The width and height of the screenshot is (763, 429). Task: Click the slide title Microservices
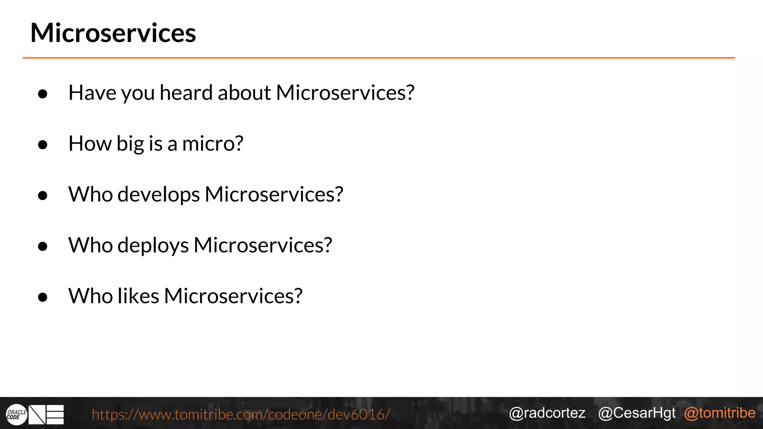click(x=113, y=33)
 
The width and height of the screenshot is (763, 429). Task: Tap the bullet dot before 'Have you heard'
click(x=43, y=94)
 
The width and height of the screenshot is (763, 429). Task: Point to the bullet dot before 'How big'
click(x=43, y=144)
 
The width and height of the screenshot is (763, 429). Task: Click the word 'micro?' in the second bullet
click(x=213, y=144)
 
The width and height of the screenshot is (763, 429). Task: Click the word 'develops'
click(x=159, y=195)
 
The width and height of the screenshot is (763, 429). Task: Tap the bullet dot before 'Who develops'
click(x=43, y=196)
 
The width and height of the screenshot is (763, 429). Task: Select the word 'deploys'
click(x=153, y=246)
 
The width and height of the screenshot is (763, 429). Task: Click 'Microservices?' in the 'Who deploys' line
click(x=263, y=245)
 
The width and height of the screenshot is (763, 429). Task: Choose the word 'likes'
click(x=138, y=296)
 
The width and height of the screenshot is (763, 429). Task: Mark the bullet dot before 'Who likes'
click(x=43, y=297)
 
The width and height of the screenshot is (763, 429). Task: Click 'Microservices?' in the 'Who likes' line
click(x=233, y=296)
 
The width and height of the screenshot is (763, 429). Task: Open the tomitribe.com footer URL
click(x=241, y=414)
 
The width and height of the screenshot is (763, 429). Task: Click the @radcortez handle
click(x=547, y=413)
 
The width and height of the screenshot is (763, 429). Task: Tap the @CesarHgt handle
click(x=637, y=413)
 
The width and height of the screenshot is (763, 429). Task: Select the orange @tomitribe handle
click(x=720, y=413)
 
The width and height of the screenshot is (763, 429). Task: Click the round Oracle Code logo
click(x=16, y=414)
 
